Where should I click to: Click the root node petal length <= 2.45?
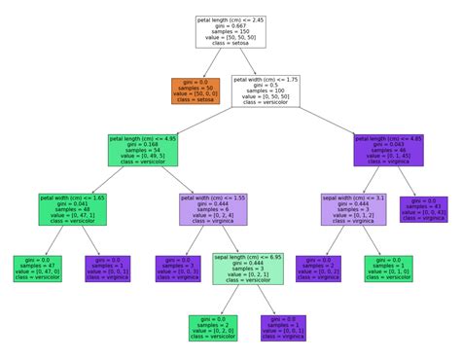point(230,30)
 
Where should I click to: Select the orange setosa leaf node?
point(194,90)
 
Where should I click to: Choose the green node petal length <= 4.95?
point(143,151)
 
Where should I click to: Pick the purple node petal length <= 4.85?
point(390,151)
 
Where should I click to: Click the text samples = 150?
point(230,32)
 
